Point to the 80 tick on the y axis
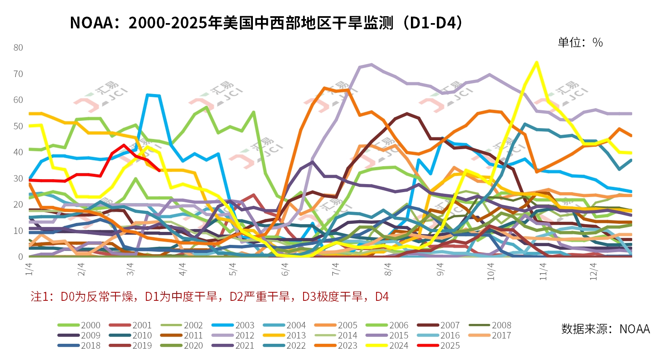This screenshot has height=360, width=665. coord(18,47)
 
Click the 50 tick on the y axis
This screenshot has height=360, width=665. coord(18,126)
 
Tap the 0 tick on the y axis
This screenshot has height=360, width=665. coord(21,257)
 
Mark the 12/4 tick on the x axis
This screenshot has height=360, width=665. coord(593,271)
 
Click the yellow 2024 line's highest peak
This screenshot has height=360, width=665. coord(537,62)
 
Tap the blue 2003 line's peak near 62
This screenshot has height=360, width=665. coord(148,95)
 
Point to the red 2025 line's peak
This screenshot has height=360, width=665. coord(124,145)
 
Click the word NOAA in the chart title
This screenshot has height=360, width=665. coord(91,23)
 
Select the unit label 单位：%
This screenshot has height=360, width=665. coord(580,43)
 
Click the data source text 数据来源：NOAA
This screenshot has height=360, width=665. coord(605,329)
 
